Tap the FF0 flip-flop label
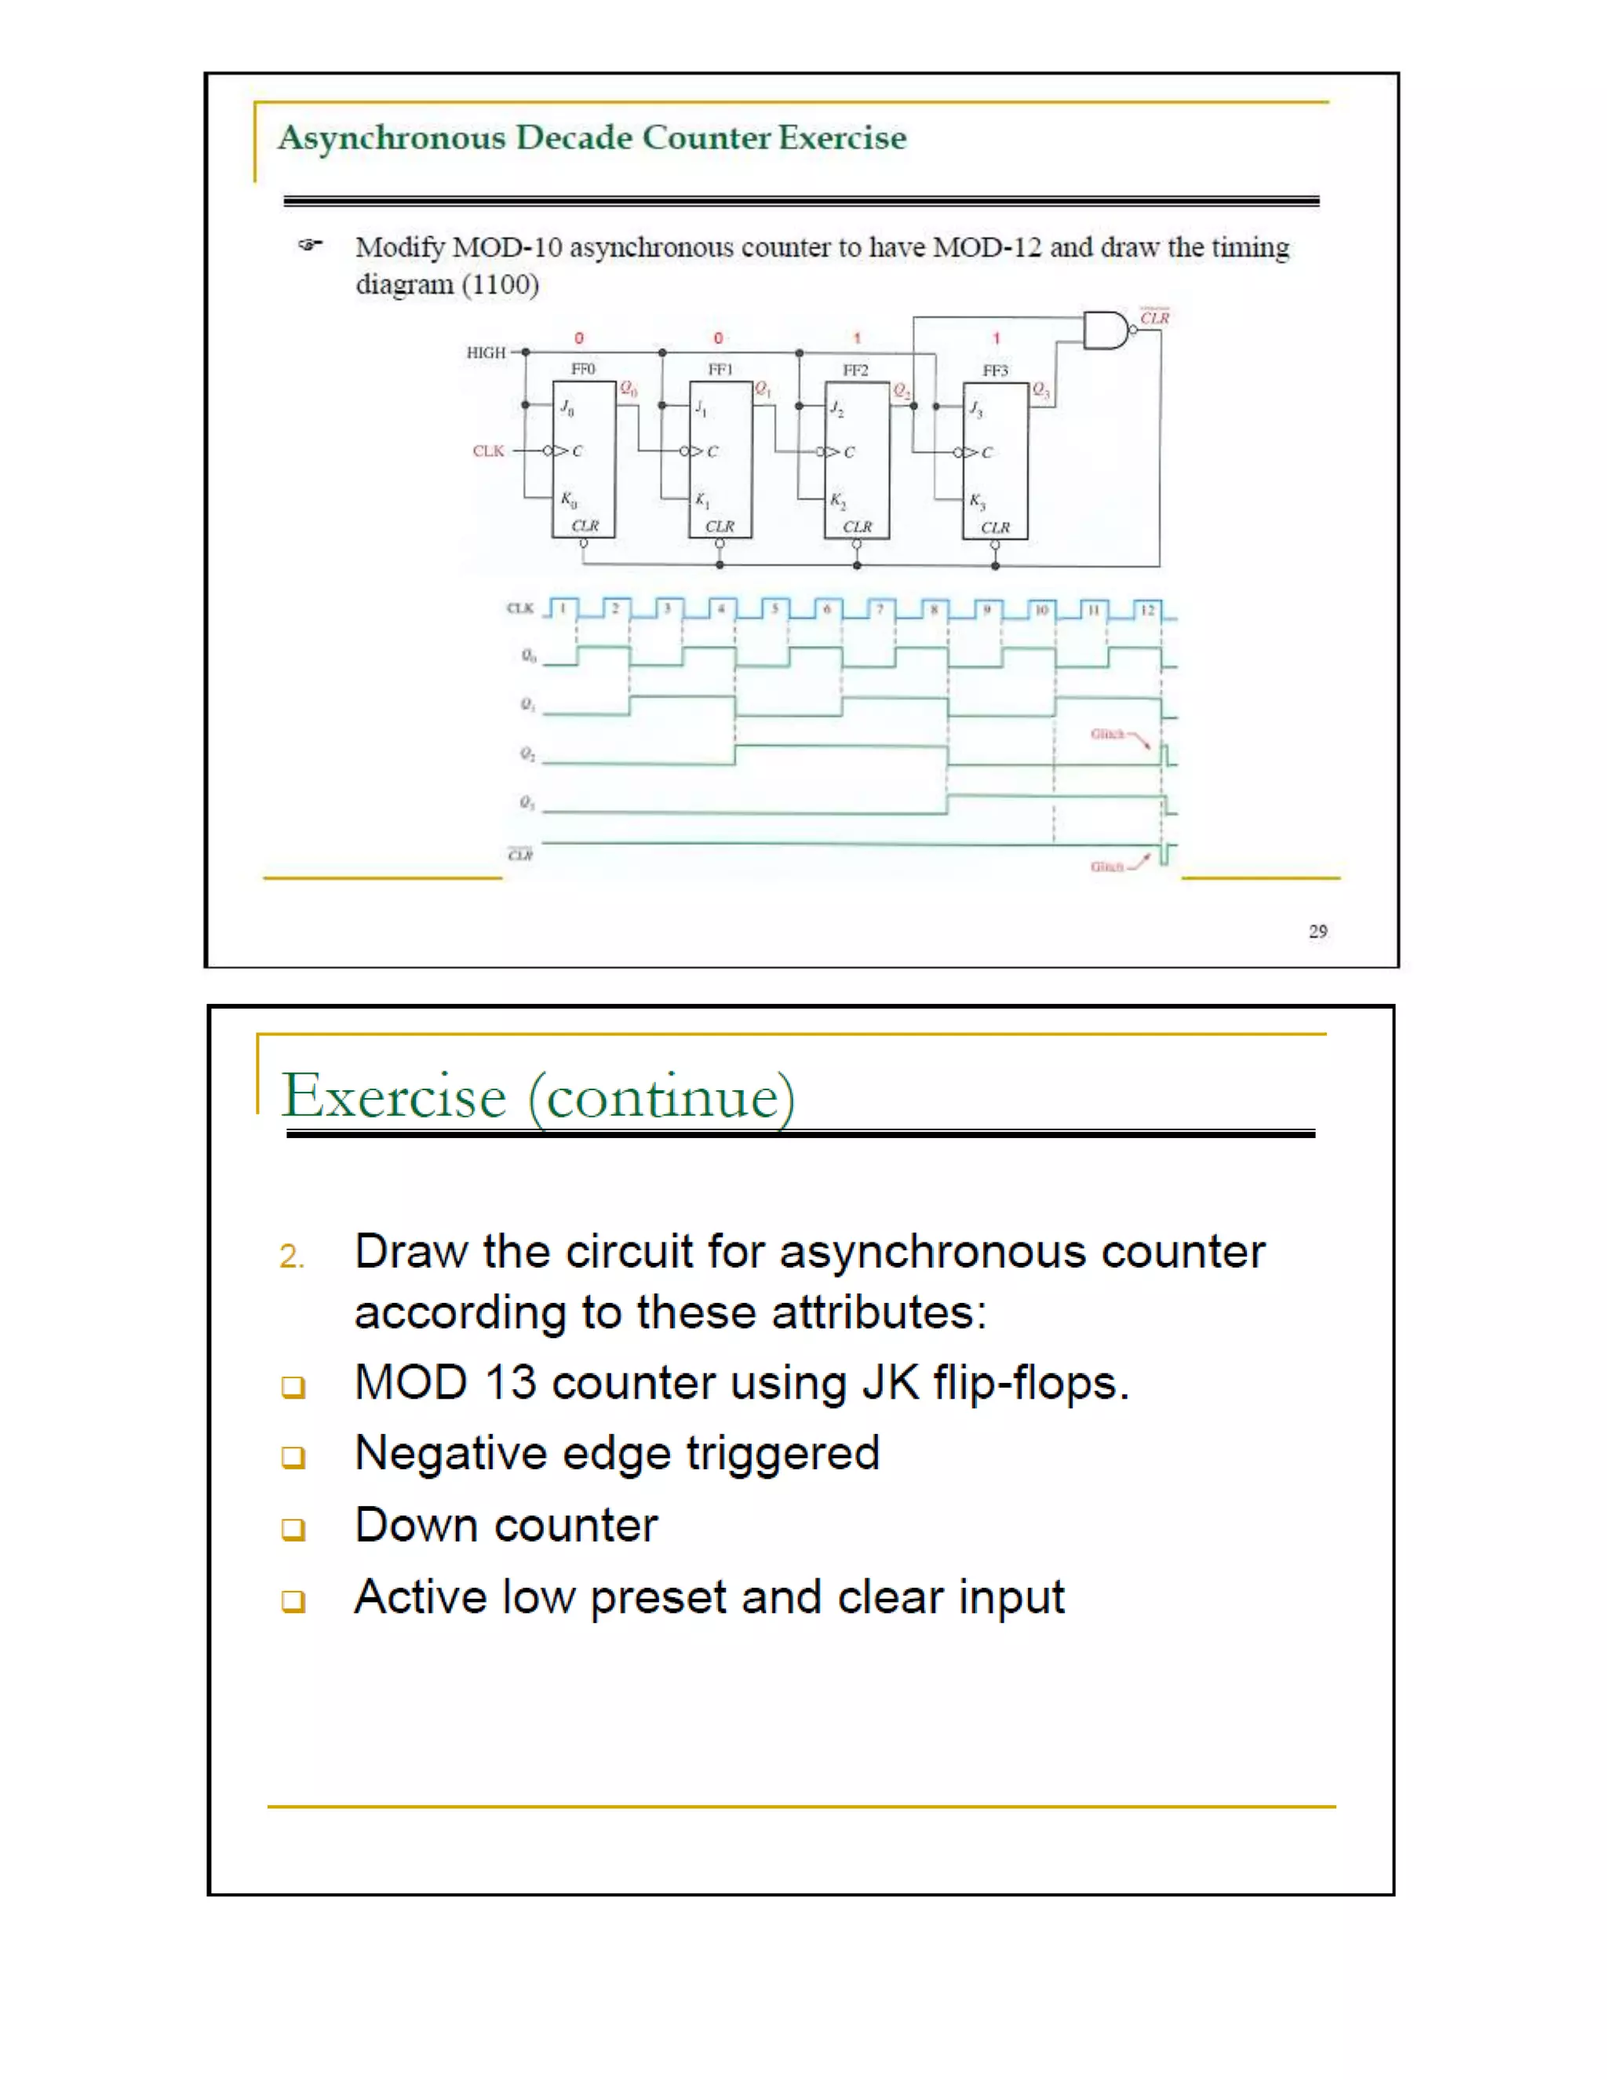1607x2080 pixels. [583, 369]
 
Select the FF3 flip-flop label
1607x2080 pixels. [995, 370]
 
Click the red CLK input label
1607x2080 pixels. [488, 451]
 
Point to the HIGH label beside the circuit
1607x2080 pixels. [486, 352]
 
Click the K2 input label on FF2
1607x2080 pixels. [836, 500]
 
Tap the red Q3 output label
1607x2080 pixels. [1040, 389]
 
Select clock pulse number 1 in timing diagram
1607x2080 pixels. [563, 608]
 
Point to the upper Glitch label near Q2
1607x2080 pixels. [1107, 733]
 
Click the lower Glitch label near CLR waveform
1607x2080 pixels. [1106, 866]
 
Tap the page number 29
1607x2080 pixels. [1317, 930]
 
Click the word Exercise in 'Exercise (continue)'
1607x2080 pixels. [393, 1097]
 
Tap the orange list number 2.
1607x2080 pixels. [291, 1256]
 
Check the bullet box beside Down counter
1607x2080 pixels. [293, 1528]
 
